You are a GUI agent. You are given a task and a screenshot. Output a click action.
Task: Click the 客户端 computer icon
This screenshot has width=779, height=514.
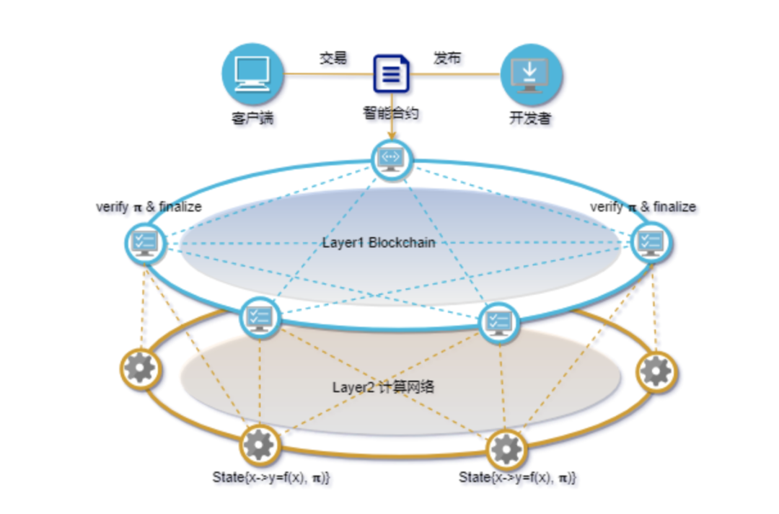tap(252, 74)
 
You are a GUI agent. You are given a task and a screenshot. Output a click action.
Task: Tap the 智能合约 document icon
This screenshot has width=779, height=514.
tap(391, 74)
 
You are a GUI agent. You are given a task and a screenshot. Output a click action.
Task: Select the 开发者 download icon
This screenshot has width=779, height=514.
tap(531, 74)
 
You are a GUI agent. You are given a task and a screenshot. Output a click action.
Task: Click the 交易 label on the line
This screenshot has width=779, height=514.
tap(333, 58)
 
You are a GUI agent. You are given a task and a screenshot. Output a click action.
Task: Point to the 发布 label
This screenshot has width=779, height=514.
tap(447, 58)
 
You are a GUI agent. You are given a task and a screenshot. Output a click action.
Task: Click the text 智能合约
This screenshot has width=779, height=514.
tap(391, 112)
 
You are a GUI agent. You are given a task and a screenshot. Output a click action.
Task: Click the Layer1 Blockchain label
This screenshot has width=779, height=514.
tap(379, 242)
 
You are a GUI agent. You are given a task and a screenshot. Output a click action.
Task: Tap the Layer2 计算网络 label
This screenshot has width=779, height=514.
tap(383, 387)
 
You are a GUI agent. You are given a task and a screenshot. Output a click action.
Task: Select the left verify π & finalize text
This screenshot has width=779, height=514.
tap(149, 207)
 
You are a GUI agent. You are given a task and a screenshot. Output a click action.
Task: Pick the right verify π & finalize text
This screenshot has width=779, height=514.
tap(643, 207)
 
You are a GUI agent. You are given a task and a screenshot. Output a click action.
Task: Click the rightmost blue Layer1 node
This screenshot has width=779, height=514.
tap(651, 242)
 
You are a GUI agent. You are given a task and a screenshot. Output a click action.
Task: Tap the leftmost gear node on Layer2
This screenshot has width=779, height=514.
tap(139, 369)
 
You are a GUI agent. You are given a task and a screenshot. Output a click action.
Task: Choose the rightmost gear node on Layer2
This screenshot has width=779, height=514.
tap(656, 371)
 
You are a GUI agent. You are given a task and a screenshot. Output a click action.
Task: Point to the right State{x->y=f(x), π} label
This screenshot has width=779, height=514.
tap(518, 477)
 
